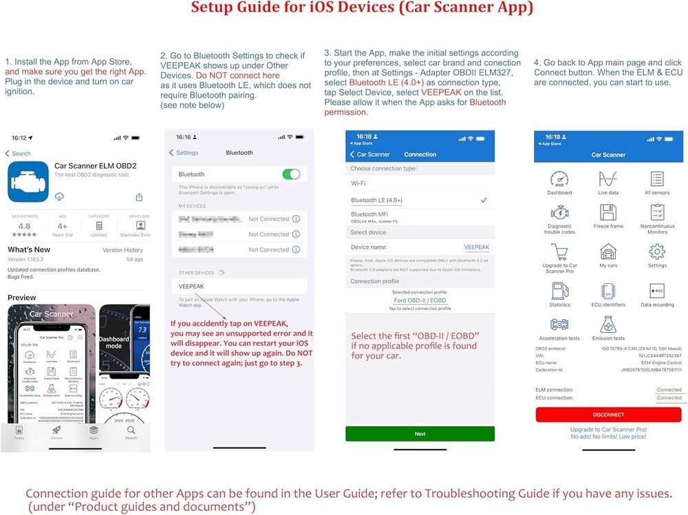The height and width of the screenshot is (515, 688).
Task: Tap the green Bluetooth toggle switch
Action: tap(291, 175)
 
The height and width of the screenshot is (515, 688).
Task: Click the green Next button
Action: tap(420, 434)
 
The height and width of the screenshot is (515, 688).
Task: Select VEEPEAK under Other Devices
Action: tap(191, 286)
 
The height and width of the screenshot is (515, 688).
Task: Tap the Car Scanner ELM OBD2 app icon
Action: tap(28, 182)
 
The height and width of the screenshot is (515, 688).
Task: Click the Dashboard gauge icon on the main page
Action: tap(559, 179)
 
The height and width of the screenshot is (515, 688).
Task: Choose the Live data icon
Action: tap(608, 179)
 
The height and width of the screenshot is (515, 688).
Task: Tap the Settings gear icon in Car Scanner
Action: tap(656, 251)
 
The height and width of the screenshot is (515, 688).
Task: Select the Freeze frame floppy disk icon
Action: tap(608, 212)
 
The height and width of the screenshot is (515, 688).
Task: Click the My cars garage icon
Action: tap(608, 251)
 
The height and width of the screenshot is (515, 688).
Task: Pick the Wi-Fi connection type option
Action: tap(358, 184)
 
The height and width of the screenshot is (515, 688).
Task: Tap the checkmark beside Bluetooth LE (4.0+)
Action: tap(484, 200)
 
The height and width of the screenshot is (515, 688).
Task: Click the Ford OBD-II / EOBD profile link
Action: tap(420, 300)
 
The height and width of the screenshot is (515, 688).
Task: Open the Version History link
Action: tap(122, 250)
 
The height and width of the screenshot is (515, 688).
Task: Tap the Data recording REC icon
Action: tap(656, 291)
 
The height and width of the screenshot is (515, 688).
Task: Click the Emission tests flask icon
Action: tap(608, 325)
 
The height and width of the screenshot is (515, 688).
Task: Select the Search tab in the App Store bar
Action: tap(131, 432)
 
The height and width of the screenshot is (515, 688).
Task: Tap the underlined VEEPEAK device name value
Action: tap(476, 247)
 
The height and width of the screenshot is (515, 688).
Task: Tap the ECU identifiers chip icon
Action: tap(608, 291)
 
